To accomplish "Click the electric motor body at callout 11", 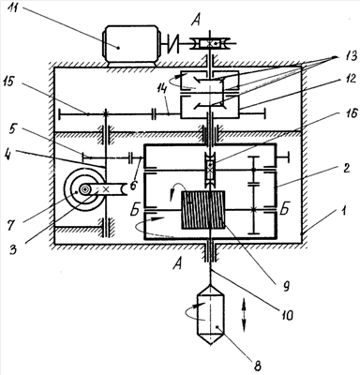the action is click(x=131, y=45).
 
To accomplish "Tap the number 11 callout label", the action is click(x=16, y=7).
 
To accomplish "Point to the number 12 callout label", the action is click(x=349, y=79).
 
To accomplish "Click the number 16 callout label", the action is click(x=349, y=113).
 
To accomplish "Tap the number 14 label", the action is click(x=161, y=92).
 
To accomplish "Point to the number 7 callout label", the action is click(x=11, y=226).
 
